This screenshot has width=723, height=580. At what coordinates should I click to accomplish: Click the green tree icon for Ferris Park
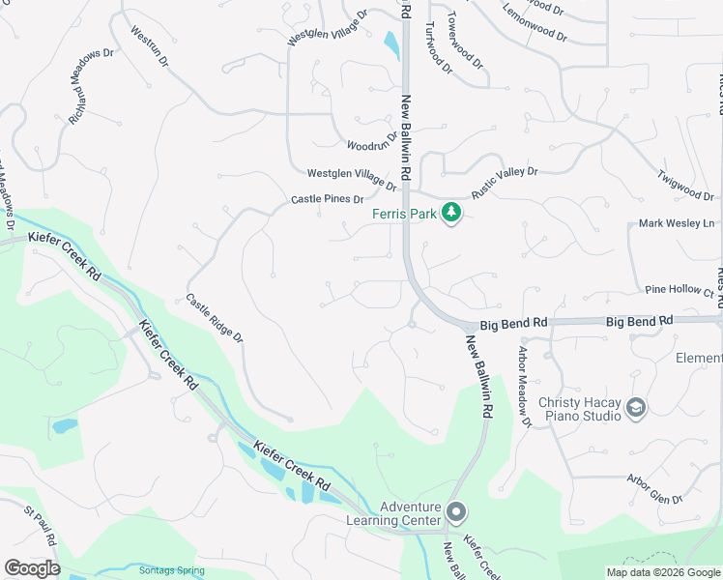point(450,213)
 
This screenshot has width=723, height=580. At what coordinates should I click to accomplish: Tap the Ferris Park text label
point(406,214)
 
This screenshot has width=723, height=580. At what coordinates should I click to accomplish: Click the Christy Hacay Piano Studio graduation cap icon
point(635,408)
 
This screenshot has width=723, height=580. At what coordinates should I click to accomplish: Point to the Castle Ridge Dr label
point(214,319)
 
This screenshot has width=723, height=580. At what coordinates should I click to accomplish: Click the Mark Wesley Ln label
point(677,223)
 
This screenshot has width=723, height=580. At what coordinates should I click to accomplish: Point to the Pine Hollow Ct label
point(680,290)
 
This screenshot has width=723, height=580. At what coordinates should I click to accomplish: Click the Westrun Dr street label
point(149,45)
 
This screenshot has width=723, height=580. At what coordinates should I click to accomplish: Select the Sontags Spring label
point(171,570)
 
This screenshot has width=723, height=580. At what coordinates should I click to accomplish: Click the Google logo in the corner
point(31,568)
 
